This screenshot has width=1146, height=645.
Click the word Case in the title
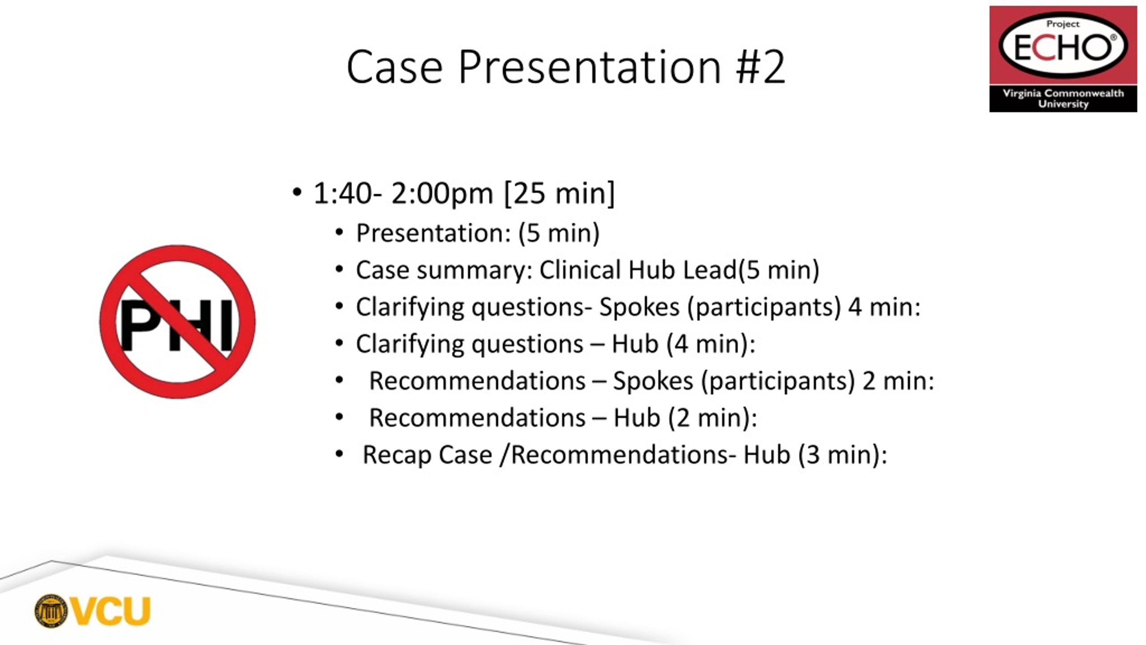(394, 67)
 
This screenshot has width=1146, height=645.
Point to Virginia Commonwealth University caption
(1063, 99)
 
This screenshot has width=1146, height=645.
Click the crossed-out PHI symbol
(177, 322)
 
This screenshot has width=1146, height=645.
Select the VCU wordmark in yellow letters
(111, 611)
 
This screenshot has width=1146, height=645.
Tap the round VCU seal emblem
(51, 611)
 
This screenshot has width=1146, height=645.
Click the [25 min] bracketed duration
(560, 193)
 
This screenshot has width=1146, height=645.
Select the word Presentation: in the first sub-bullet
(433, 233)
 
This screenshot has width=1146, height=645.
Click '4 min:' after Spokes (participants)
(885, 307)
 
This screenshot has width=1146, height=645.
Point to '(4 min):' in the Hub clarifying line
(711, 344)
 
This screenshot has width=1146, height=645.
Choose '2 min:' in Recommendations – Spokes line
(898, 381)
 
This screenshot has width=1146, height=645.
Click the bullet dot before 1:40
(296, 193)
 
